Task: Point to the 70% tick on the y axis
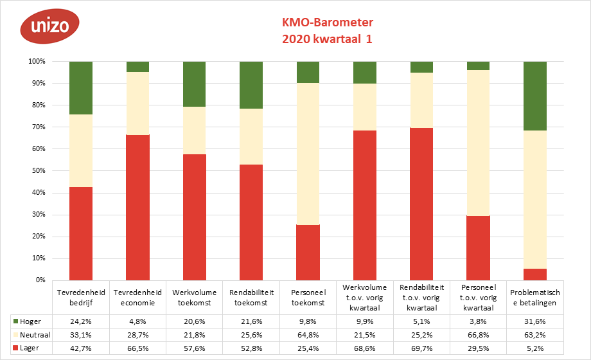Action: (x=36, y=127)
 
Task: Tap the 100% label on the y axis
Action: (x=35, y=62)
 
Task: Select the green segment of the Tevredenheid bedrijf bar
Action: (x=81, y=88)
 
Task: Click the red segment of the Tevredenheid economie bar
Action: (x=137, y=208)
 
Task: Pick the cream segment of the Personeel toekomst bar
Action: (x=308, y=154)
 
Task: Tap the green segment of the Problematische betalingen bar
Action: (x=535, y=96)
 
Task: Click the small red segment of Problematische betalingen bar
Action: (x=535, y=274)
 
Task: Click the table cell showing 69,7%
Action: (x=422, y=348)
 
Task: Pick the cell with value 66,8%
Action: (x=479, y=335)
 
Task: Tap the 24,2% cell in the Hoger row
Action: (x=81, y=321)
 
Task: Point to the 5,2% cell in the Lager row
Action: (x=535, y=348)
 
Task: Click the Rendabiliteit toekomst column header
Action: (x=251, y=296)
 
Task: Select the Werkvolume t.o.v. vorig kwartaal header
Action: (x=365, y=296)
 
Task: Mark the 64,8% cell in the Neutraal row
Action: (x=308, y=335)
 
